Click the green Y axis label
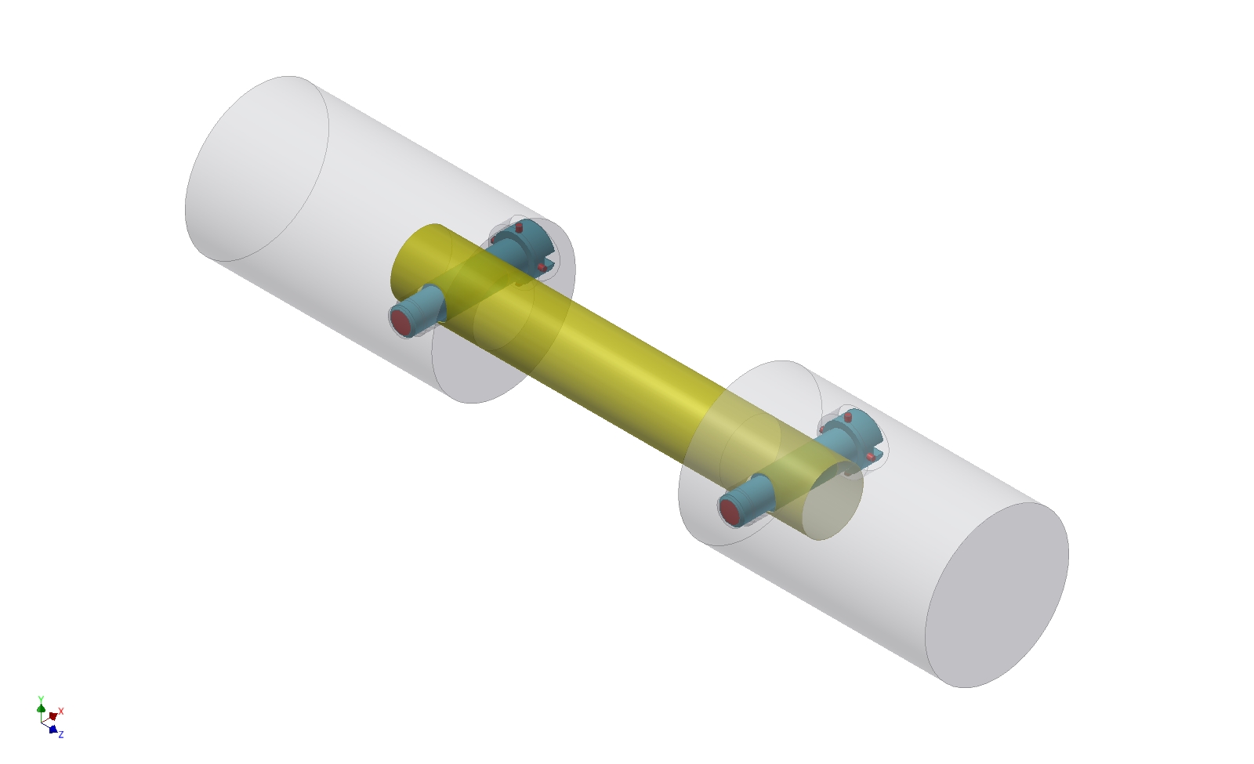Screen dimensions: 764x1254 41,699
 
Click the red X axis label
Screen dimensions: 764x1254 61,711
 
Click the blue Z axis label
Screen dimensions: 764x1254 61,734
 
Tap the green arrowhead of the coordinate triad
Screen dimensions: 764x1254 41,708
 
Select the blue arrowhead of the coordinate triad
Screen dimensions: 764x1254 53,730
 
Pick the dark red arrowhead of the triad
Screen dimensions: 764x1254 53,716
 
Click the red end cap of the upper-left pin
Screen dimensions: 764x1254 402,322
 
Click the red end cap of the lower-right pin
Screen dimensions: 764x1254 730,511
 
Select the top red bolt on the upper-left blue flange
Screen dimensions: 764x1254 519,227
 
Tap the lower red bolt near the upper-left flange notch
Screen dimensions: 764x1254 542,267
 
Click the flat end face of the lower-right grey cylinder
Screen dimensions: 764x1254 997,596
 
